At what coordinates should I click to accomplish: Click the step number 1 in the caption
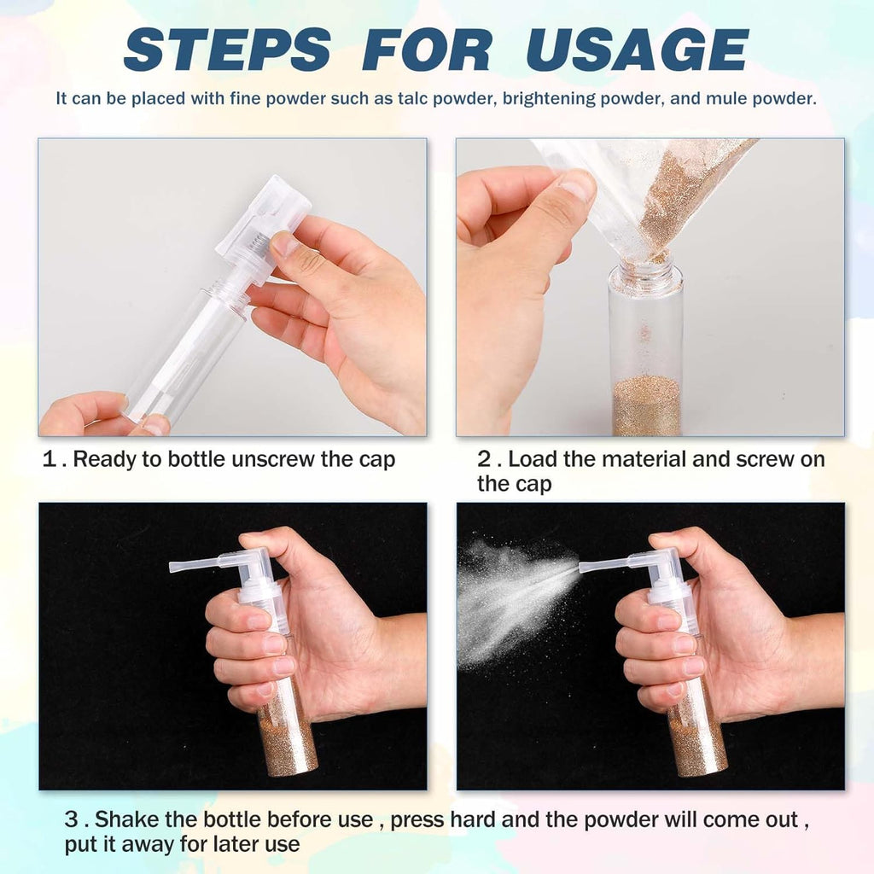50,459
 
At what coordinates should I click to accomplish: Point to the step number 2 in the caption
484,459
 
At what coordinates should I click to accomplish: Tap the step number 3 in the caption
72,820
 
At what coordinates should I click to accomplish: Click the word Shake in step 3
122,820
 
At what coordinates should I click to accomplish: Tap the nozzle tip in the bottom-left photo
174,566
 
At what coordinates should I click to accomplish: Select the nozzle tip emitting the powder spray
584,566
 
